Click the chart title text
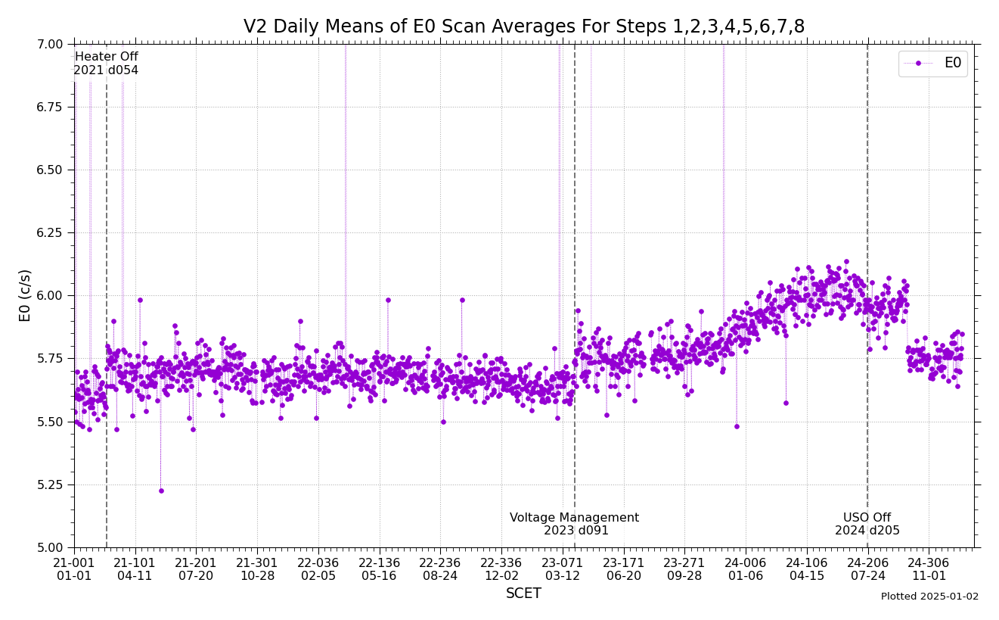[x=523, y=27]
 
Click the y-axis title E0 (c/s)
[x=25, y=295]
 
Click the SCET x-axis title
[x=523, y=594]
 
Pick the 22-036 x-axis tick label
[x=318, y=562]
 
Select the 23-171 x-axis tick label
[x=623, y=562]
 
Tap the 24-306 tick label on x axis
[x=928, y=562]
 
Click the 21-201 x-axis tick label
[x=196, y=562]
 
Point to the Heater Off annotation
[x=106, y=57]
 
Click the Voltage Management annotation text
[x=574, y=518]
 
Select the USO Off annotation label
[x=867, y=518]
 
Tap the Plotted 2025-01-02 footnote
[x=929, y=597]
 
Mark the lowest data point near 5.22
[x=160, y=491]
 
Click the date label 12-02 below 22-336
[x=501, y=576]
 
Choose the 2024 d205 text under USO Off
[x=867, y=531]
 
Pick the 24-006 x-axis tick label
[x=746, y=562]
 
